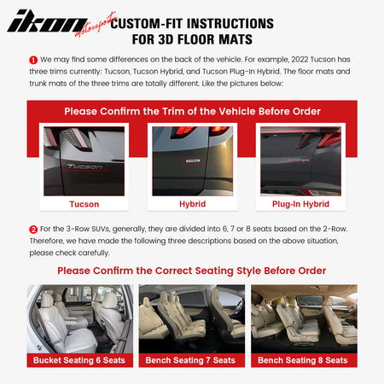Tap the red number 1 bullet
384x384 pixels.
33,61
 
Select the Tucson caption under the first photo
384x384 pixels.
84,204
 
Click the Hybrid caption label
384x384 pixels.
191,204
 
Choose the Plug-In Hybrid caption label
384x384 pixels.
300,204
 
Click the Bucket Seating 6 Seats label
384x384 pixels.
79,360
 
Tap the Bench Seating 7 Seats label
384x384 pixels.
191,360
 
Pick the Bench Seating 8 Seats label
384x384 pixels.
304,360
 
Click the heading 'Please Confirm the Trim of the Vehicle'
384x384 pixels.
191,111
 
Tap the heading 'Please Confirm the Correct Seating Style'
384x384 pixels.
191,271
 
